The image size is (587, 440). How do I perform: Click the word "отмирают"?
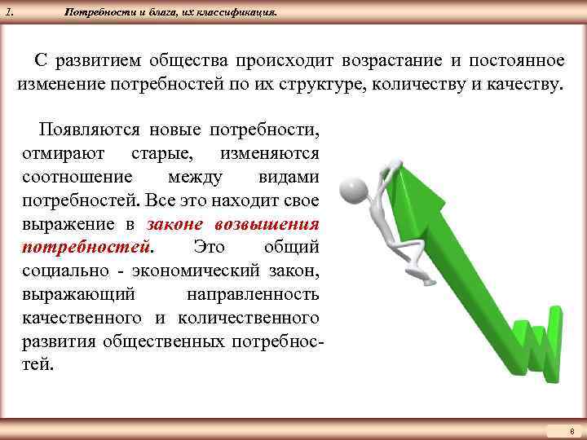(60, 153)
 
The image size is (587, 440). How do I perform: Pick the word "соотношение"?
(71, 177)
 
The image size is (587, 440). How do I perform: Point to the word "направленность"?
(253, 293)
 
